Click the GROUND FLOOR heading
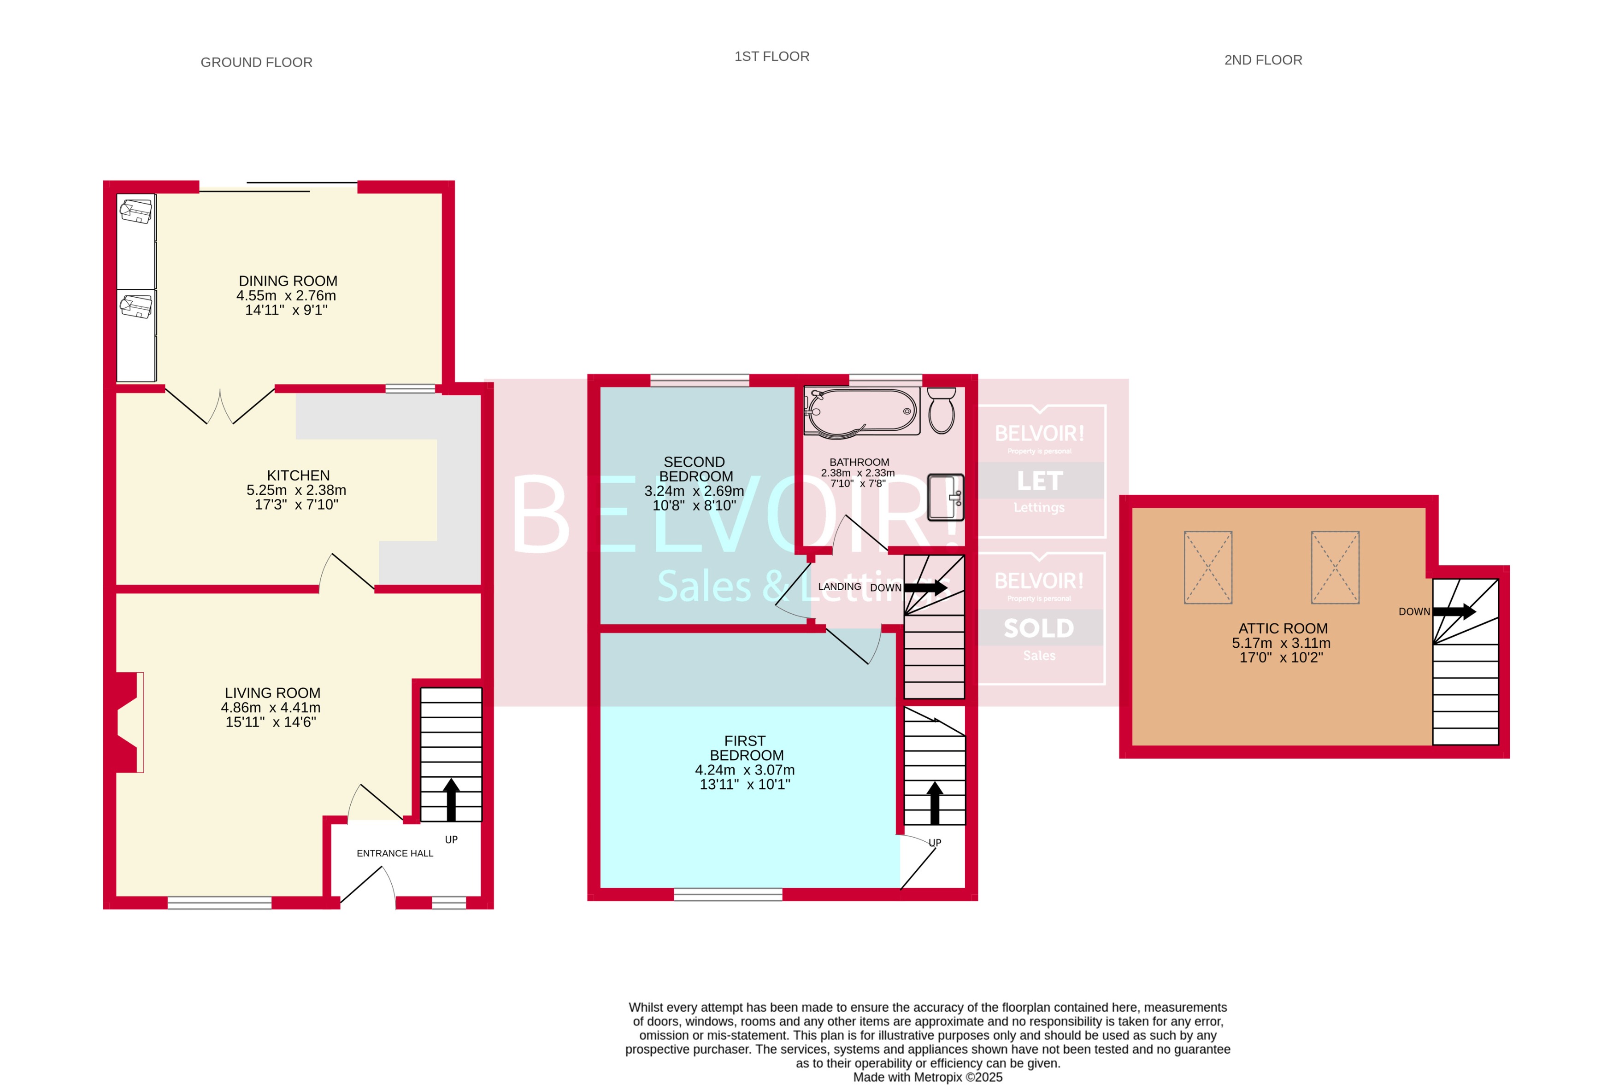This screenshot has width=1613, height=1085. [256, 62]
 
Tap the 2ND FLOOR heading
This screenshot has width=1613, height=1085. [1263, 60]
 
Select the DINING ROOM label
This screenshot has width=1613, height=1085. [288, 281]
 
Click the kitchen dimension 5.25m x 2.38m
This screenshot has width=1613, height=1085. [296, 490]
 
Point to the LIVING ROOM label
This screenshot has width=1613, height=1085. [272, 692]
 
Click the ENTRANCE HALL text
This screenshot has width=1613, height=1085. [394, 853]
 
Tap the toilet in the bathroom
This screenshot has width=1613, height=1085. [941, 411]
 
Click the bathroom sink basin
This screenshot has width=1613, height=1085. [945, 497]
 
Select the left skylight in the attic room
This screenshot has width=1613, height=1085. [1207, 568]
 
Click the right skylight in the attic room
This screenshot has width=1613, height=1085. [1335, 568]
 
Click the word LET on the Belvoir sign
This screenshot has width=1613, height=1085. [1039, 481]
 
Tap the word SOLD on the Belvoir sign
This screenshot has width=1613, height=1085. [1039, 628]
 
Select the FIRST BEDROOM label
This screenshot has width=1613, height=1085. [745, 748]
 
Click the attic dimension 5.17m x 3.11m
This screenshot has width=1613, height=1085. [1281, 643]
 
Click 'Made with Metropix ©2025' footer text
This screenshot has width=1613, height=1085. [927, 1077]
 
